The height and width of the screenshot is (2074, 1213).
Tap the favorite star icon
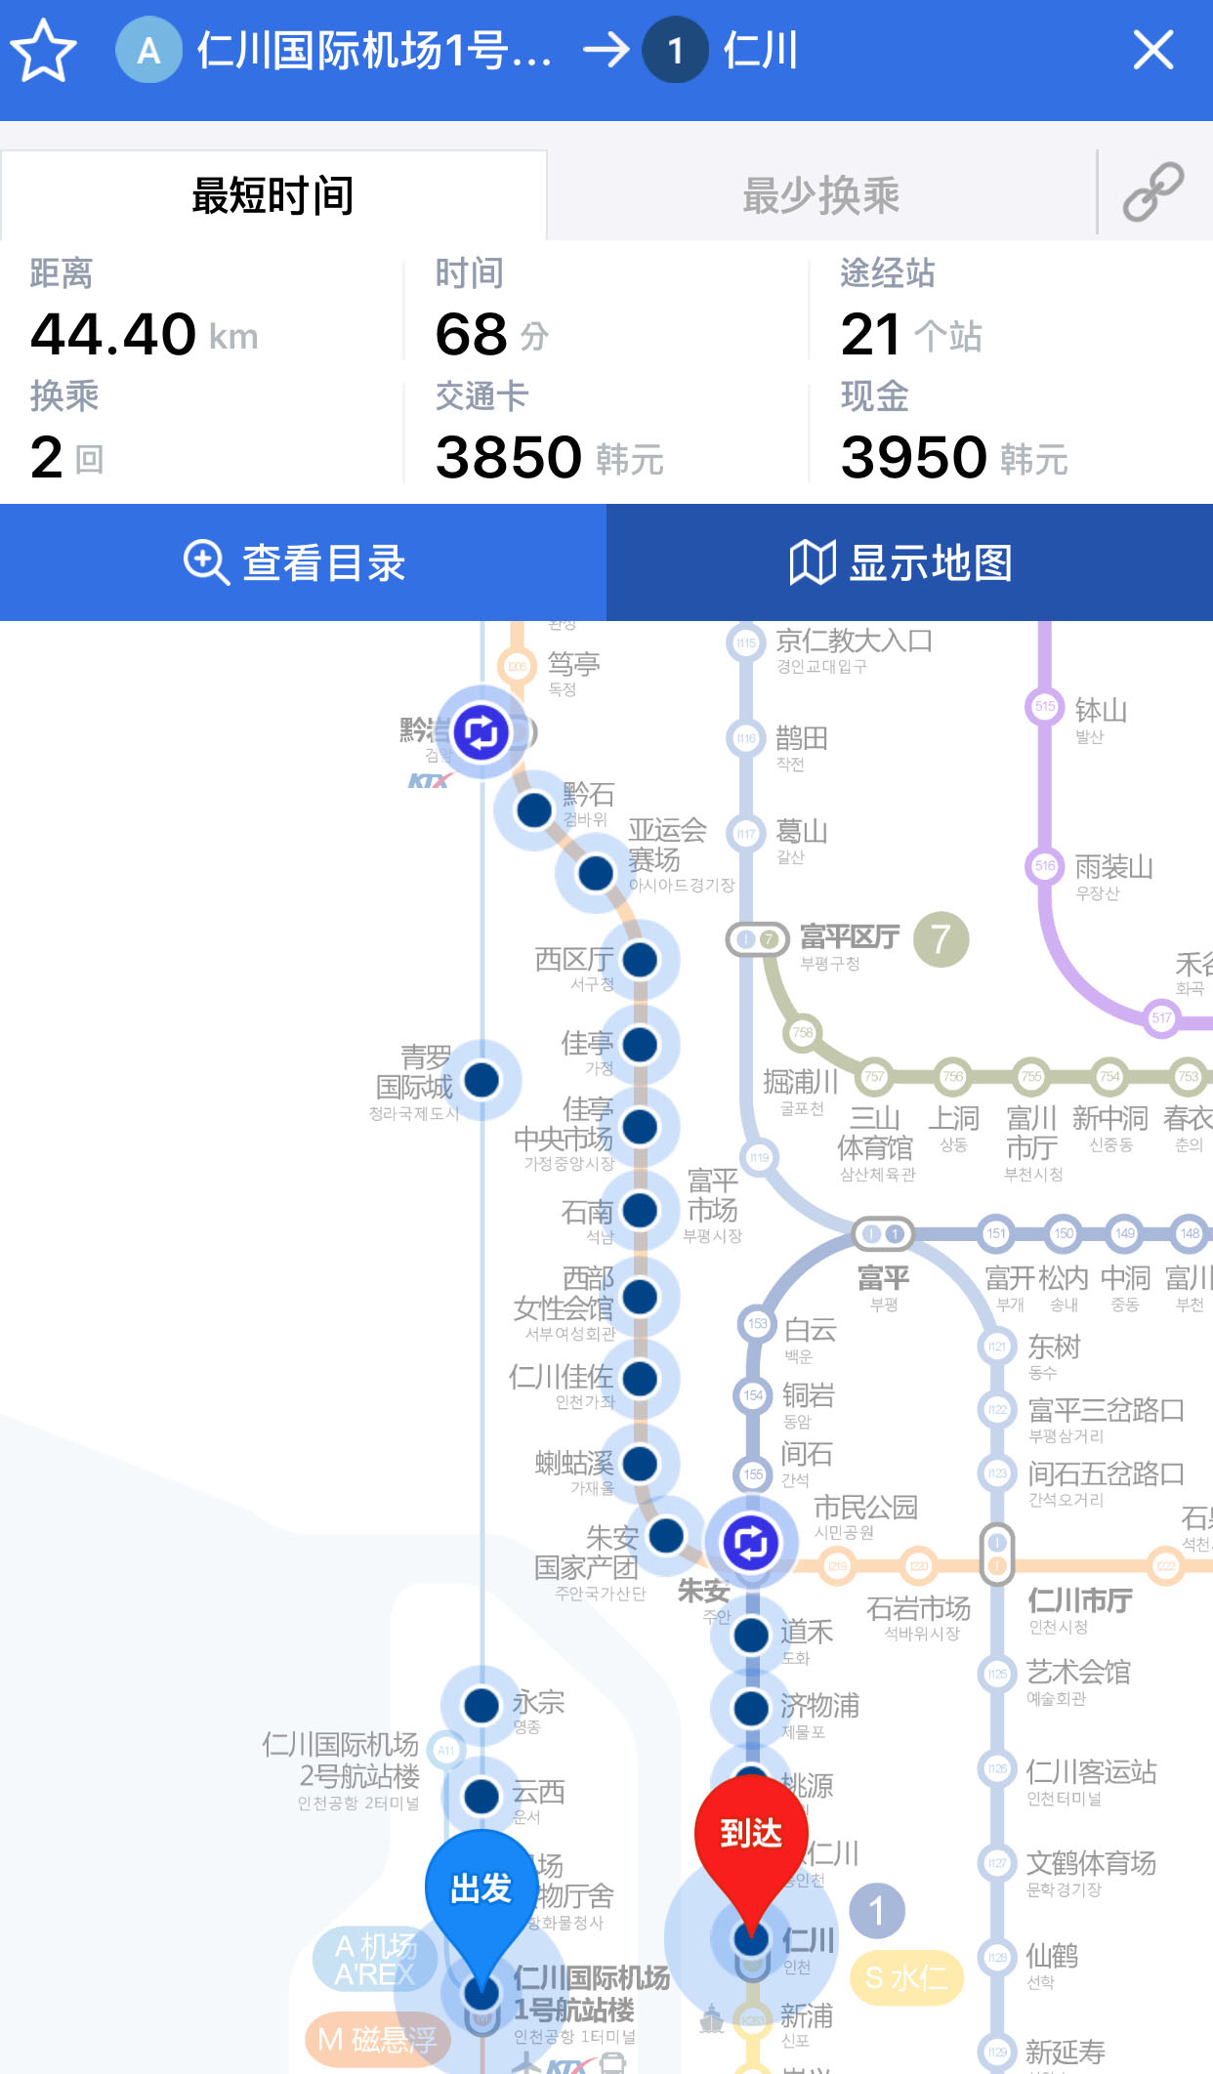pyautogui.click(x=44, y=51)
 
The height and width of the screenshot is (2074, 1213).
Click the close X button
pyautogui.click(x=1152, y=50)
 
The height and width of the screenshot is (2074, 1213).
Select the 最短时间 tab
pyautogui.click(x=273, y=195)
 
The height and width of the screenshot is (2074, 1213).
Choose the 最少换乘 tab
pyautogui.click(x=820, y=195)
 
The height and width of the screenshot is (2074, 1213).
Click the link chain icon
pyautogui.click(x=1153, y=193)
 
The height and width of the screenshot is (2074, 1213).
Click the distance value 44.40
pyautogui.click(x=113, y=334)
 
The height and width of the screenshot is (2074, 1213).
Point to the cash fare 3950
pyautogui.click(x=914, y=457)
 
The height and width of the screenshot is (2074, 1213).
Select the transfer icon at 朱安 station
pyautogui.click(x=750, y=1543)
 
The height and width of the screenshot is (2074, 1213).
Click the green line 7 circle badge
pyautogui.click(x=941, y=939)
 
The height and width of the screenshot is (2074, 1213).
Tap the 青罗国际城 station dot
pyautogui.click(x=481, y=1080)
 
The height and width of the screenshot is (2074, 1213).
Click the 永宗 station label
pyautogui.click(x=538, y=1702)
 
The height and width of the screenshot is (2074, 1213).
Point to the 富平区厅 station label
pyautogui.click(x=850, y=937)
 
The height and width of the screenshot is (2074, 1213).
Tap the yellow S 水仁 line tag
pyautogui.click(x=906, y=1978)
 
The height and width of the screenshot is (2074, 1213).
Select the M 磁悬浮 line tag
pyautogui.click(x=377, y=2039)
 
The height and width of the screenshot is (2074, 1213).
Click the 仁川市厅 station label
pyautogui.click(x=1080, y=1600)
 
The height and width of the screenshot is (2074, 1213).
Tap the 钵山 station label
pyautogui.click(x=1101, y=710)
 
